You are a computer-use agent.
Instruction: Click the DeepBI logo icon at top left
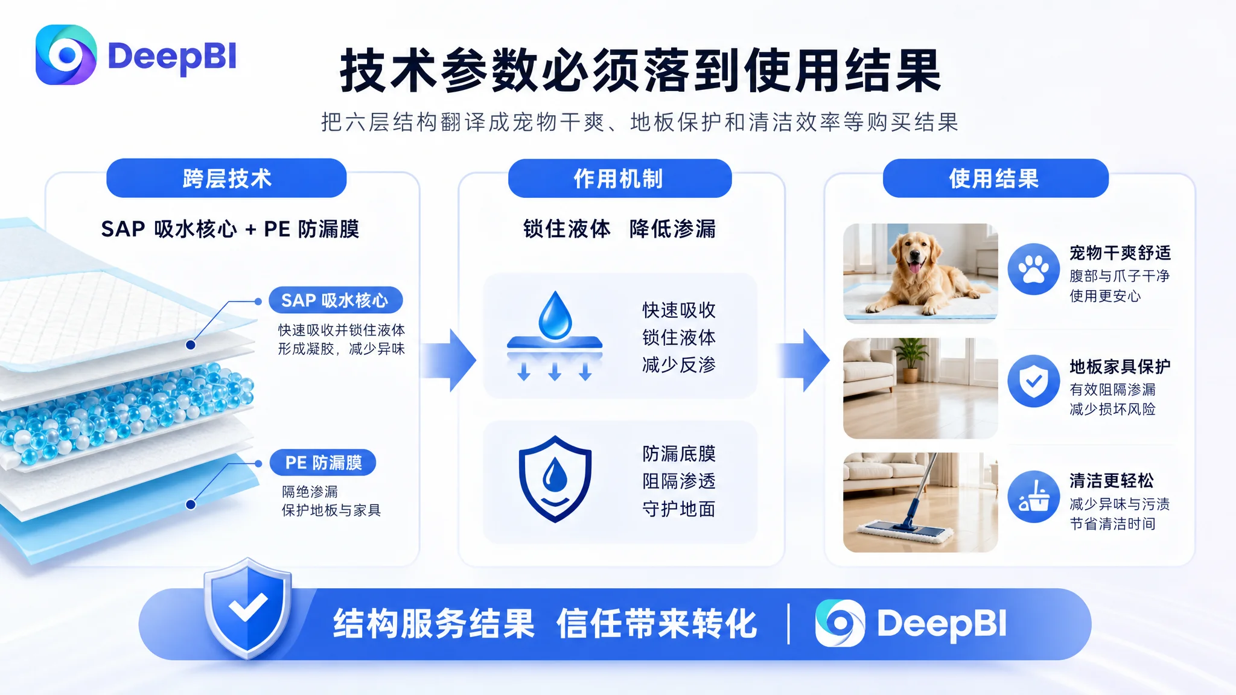66,55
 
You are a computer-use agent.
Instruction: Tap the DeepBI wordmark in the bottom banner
941,623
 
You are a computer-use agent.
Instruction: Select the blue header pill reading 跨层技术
226,178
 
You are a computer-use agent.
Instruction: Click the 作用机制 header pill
619,178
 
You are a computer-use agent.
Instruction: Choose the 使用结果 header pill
995,178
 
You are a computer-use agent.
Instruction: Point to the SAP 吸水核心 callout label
336,300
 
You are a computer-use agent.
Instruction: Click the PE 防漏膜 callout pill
323,463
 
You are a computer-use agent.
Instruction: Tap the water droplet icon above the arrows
555,315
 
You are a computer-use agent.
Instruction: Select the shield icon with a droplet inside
555,478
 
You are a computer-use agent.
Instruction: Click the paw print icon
1034,269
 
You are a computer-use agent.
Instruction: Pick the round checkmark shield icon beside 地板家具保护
1034,381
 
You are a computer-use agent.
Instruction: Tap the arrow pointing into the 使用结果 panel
803,360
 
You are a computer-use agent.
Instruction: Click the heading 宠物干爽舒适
1120,253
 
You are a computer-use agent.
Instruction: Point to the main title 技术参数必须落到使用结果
640,71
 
